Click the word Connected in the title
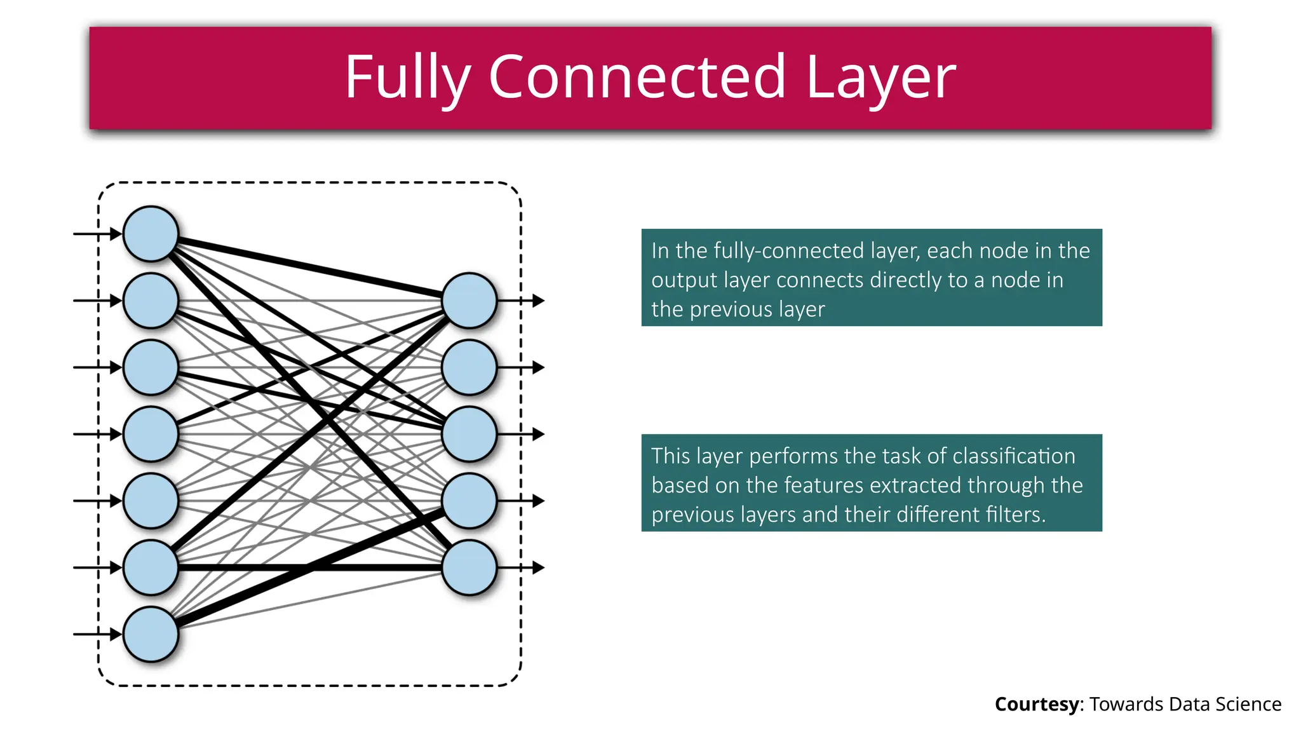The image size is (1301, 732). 637,77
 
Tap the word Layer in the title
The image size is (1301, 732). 880,77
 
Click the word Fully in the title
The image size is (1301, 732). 407,77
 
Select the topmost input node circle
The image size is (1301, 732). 151,234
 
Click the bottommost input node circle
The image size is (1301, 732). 151,634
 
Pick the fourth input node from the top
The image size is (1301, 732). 151,434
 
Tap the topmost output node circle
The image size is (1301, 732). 469,301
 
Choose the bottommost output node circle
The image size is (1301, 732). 469,567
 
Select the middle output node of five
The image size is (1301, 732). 469,434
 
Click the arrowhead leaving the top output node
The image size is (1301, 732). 538,301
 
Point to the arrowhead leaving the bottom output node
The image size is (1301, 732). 538,567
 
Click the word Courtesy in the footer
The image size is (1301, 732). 1036,704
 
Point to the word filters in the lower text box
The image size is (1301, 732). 1015,514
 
